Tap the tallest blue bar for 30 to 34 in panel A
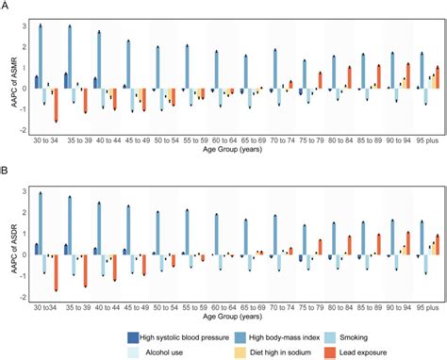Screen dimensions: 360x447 point(40,57)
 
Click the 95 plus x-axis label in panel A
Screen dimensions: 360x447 point(422,139)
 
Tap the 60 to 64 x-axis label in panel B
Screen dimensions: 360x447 point(228,307)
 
